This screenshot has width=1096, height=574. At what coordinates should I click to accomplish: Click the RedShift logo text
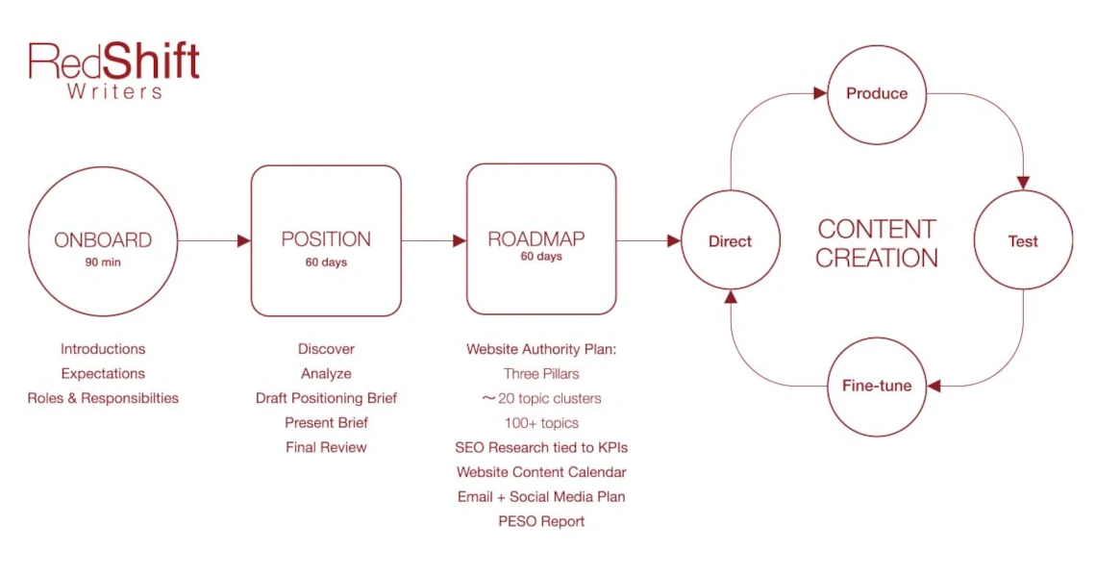click(x=113, y=62)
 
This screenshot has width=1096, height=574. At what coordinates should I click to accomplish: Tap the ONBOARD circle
click(x=103, y=240)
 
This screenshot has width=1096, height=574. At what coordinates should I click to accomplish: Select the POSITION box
click(x=326, y=240)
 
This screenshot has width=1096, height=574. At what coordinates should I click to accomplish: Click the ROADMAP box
click(x=541, y=240)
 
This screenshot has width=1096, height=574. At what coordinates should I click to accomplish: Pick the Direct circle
click(x=730, y=241)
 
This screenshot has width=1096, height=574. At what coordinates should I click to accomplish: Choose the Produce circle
click(x=876, y=93)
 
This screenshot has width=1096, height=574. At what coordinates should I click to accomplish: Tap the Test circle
click(x=1023, y=241)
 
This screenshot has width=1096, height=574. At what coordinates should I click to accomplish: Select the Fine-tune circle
click(x=876, y=387)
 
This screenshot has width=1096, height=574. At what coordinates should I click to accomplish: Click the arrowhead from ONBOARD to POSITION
click(x=244, y=240)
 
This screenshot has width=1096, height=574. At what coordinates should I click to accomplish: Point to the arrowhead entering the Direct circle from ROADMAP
click(x=674, y=240)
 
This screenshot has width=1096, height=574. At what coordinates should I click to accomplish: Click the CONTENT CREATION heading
click(x=876, y=243)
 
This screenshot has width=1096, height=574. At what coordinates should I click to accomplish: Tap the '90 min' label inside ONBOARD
click(x=103, y=262)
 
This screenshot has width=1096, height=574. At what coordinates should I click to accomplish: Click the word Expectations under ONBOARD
click(x=103, y=373)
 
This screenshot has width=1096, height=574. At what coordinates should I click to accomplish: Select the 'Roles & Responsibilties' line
click(x=103, y=398)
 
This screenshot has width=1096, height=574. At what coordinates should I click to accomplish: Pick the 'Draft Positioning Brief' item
click(x=326, y=398)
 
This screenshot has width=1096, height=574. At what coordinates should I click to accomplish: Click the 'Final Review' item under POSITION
click(x=326, y=447)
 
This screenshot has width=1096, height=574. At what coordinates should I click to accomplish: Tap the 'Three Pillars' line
click(x=541, y=373)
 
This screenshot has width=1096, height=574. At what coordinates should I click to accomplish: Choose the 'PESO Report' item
click(x=541, y=521)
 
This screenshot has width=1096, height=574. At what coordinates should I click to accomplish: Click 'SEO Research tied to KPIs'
click(x=541, y=447)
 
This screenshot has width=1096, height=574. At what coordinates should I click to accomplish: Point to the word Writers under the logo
click(x=114, y=92)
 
